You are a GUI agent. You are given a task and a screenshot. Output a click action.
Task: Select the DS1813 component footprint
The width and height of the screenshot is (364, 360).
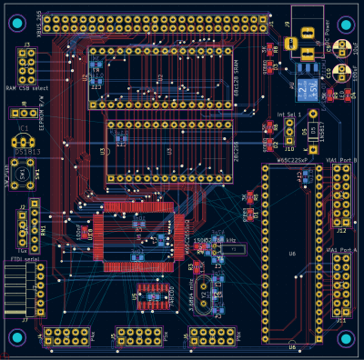point(23,142)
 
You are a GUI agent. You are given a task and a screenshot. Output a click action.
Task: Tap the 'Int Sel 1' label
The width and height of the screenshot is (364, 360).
point(288,115)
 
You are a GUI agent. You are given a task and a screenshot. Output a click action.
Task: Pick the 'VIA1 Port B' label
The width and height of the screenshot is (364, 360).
point(343,160)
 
